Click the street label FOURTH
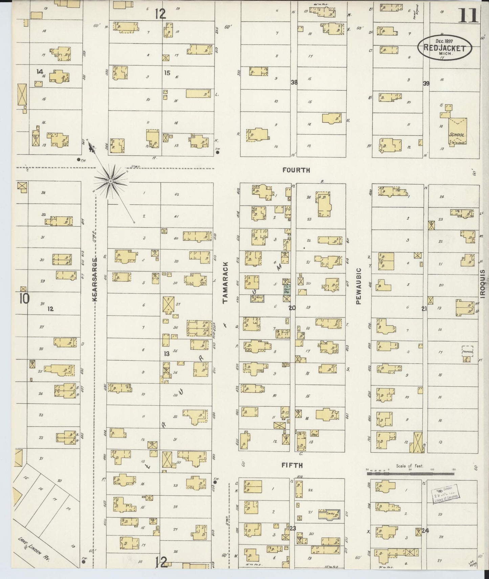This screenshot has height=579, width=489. tap(296, 170)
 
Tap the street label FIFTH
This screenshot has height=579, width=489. tap(292, 465)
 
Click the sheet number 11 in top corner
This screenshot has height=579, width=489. tap(468, 16)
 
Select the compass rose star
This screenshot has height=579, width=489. tap(110, 182)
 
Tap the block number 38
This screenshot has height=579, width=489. tap(294, 82)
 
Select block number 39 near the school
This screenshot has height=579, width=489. tap(426, 83)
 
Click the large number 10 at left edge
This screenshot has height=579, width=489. tap(24, 299)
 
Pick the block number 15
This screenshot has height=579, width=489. tap(167, 72)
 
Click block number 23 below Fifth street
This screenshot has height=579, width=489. tap(292, 529)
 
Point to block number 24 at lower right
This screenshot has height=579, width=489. tap(425, 531)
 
